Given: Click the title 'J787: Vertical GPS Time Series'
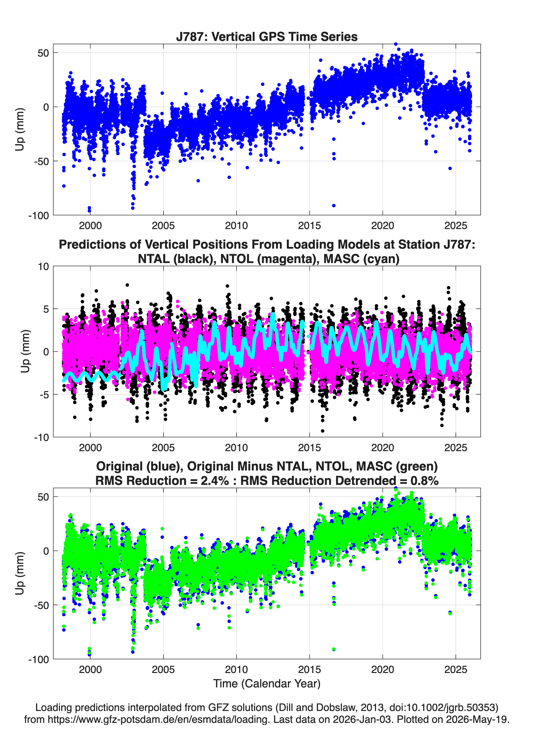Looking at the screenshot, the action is [267, 36].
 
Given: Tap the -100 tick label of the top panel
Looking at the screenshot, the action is [38, 216].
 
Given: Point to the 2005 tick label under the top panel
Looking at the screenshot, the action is [163, 226].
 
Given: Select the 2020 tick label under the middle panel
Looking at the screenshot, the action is [383, 447].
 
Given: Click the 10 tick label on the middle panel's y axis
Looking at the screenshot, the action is [43, 267].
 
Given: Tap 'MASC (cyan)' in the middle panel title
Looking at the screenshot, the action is [361, 259].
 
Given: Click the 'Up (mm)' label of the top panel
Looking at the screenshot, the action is [20, 129].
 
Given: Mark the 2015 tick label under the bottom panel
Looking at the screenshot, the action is [309, 670].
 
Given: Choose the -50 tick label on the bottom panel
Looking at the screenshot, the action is [41, 605].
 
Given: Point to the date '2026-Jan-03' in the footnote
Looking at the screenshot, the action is [362, 719].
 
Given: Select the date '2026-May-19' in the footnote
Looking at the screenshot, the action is [477, 719].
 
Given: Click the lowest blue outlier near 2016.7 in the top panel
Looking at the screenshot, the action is [333, 205].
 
